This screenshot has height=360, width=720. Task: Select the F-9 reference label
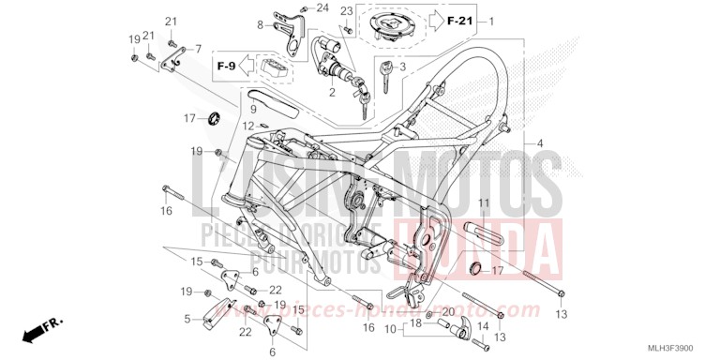[x=226, y=67]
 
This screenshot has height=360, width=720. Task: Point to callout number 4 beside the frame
[x=539, y=143]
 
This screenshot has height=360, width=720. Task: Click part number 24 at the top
[x=322, y=8]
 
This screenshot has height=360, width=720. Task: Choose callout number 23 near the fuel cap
[x=346, y=11]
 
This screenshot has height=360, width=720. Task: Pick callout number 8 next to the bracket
[x=261, y=25]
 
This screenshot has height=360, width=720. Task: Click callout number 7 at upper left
[x=197, y=48]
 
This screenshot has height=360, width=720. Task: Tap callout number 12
[x=247, y=126]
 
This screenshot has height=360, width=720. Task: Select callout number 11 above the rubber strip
[x=485, y=203]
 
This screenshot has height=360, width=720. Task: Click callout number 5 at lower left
[x=187, y=319]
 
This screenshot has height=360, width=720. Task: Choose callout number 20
[x=448, y=312]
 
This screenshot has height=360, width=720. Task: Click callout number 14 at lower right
[x=485, y=325]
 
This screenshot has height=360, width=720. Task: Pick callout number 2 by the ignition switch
[x=331, y=93]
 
